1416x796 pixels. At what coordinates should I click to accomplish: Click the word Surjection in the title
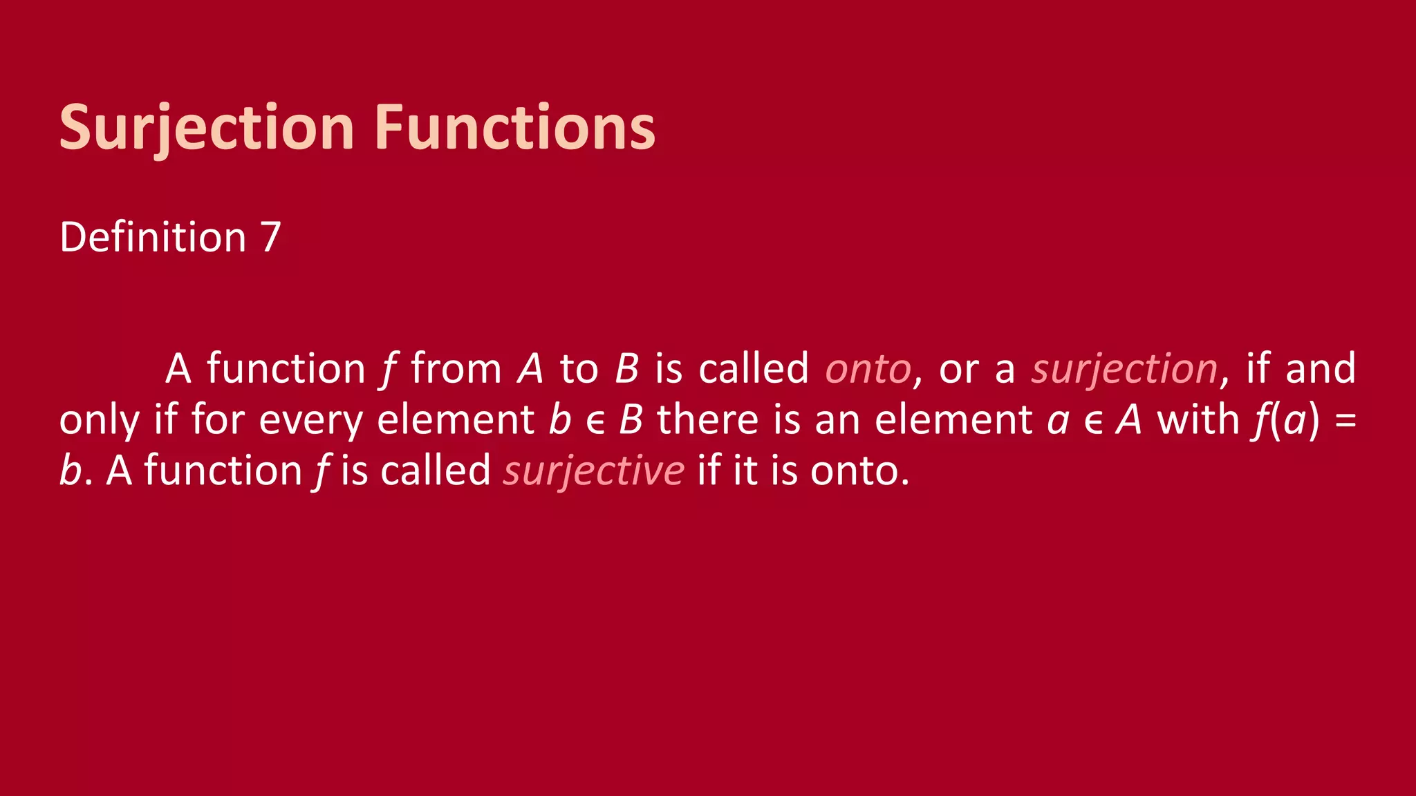[x=207, y=128]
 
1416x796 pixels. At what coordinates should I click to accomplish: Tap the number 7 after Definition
[x=270, y=238]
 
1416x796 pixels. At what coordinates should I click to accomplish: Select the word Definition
[x=153, y=238]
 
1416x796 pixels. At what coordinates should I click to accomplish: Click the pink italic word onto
[x=868, y=369]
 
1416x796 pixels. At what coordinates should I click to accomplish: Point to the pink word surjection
[x=1124, y=369]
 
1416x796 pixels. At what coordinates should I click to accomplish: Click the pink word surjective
[x=594, y=471]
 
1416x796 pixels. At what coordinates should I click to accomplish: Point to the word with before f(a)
[x=1198, y=420]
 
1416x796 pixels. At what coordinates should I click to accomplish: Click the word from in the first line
[x=456, y=369]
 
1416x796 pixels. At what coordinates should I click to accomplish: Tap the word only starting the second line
[x=100, y=420]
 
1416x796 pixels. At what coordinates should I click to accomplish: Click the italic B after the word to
[x=626, y=369]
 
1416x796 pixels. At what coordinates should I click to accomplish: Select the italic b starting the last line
[x=70, y=471]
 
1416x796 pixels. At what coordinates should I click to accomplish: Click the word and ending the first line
[x=1321, y=369]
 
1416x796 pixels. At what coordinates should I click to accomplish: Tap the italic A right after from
[x=530, y=369]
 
